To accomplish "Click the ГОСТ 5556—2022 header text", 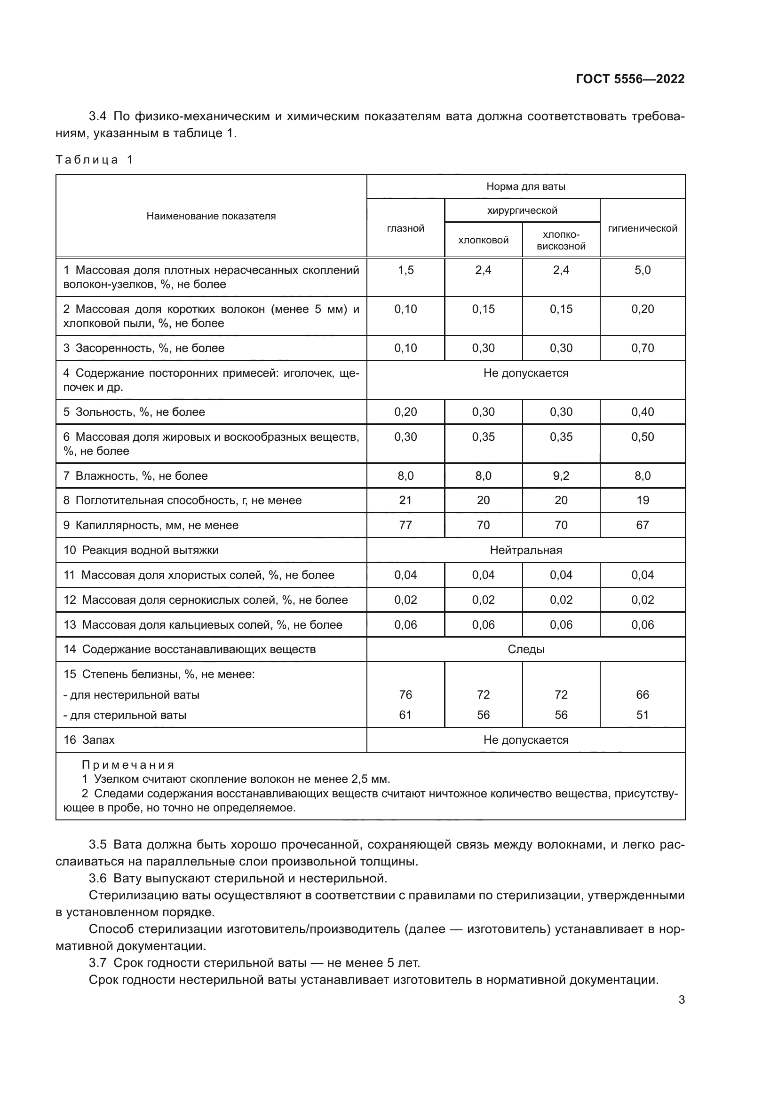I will [x=630, y=79].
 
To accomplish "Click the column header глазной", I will [x=405, y=228].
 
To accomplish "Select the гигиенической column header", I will [x=642, y=228].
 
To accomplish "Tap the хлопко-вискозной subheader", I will [x=561, y=240].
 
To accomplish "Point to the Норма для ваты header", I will [x=525, y=186].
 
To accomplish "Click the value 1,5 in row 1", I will [x=405, y=270].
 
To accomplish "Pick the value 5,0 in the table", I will [x=642, y=270].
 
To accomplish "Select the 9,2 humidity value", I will [x=561, y=476].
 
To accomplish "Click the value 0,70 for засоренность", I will [x=642, y=348].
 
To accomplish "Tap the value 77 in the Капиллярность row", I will [x=405, y=525].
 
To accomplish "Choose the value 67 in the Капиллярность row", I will [x=642, y=525].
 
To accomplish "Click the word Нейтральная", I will [x=525, y=550].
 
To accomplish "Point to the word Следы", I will [x=525, y=649].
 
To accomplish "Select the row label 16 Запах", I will [x=89, y=740].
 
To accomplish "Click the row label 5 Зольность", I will [x=134, y=412].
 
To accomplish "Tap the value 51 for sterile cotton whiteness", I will [x=642, y=715].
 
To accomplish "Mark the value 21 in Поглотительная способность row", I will [x=405, y=500].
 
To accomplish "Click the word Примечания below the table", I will [x=128, y=765].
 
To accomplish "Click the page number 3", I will [x=681, y=999].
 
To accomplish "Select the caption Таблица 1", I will [x=94, y=160].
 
